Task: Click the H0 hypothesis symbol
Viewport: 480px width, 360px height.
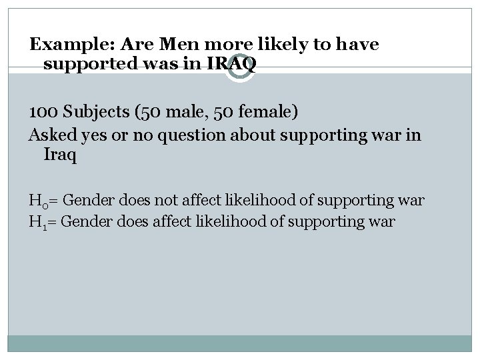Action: click(x=37, y=200)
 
